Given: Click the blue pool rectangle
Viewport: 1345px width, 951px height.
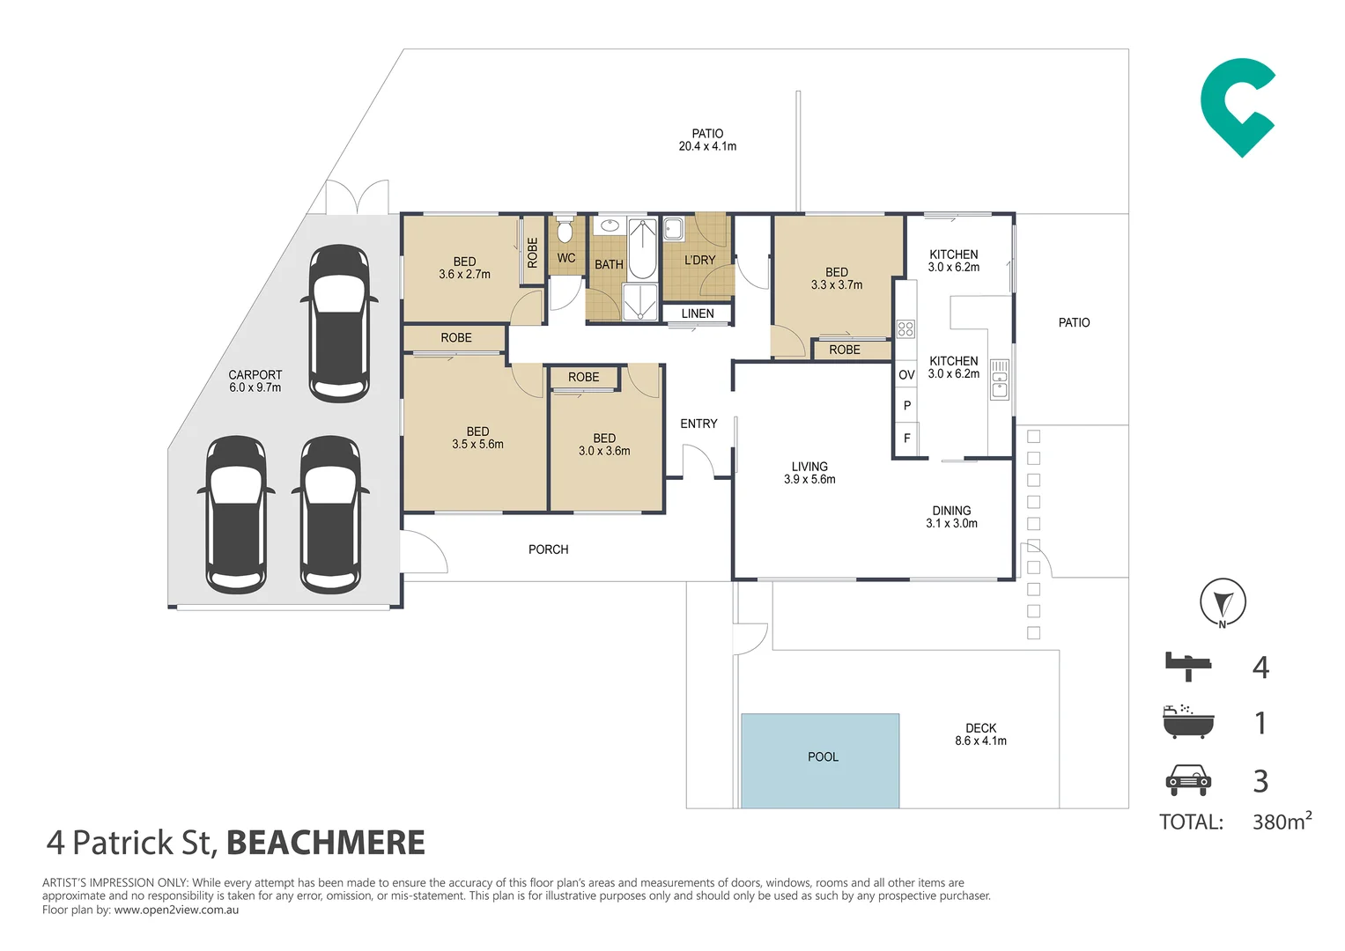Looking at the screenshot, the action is point(820,761).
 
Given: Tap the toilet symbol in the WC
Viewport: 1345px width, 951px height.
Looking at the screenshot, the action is point(565,228).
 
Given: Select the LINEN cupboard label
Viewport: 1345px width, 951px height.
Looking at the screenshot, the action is point(697,313).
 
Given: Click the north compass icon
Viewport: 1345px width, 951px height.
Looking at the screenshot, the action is point(1223,602).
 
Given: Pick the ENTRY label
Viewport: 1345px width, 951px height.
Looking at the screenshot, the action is point(698,424).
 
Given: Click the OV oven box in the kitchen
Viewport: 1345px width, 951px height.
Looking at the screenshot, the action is point(906,375).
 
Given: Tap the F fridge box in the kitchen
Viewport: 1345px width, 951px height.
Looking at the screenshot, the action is point(906,439).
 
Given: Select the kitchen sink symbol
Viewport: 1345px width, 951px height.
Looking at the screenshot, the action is point(1000,380).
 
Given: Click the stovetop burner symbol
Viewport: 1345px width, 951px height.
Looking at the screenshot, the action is point(905,328).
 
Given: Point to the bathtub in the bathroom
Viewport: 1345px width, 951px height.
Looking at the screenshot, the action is point(642,249).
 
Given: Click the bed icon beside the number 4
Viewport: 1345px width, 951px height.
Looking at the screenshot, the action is point(1188,667).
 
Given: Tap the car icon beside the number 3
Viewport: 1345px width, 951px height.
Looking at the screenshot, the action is point(1188,780).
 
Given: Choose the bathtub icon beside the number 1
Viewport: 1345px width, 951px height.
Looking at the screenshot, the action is point(1188,721).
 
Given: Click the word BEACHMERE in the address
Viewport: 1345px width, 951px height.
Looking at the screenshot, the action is point(325,843).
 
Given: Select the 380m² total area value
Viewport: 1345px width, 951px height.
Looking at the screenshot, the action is point(1282,820).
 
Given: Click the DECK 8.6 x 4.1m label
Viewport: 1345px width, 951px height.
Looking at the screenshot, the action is point(980,734).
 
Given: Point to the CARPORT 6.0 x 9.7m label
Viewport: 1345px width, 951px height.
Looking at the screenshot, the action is point(255,381).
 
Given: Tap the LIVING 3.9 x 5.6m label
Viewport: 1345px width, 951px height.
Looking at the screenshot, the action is point(809,473).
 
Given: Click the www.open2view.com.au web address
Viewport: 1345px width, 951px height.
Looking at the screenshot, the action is point(176,910).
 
